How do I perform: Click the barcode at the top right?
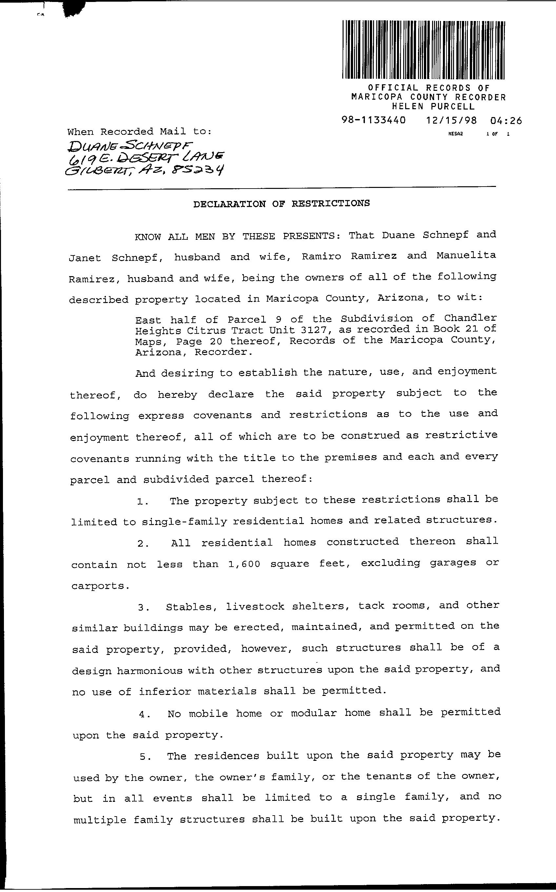423,50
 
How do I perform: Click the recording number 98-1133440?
374,120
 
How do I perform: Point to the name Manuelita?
466,255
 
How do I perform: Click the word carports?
100,586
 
